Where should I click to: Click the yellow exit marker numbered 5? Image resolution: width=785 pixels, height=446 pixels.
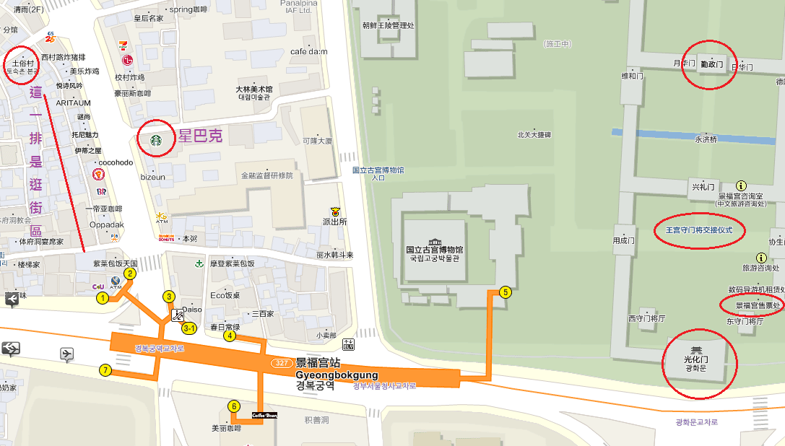(505, 292)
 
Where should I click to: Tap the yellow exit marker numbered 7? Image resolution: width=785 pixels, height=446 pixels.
(105, 370)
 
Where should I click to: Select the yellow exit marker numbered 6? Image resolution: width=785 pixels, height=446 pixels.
(233, 406)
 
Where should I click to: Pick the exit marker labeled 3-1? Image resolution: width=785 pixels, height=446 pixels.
(190, 328)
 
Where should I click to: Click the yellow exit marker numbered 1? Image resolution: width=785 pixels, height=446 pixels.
(103, 297)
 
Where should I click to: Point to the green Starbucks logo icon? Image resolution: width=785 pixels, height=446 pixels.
(155, 141)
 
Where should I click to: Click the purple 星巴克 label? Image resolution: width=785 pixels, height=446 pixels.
(201, 135)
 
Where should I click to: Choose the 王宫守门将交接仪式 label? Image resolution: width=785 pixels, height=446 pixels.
(698, 230)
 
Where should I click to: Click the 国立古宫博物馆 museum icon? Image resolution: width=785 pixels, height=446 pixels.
(433, 242)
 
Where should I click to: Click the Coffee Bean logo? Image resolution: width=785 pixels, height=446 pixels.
(264, 415)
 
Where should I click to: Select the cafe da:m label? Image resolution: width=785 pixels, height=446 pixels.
(308, 51)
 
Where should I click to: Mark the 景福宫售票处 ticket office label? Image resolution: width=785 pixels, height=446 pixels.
(754, 305)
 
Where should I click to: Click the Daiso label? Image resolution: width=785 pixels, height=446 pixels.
(191, 310)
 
